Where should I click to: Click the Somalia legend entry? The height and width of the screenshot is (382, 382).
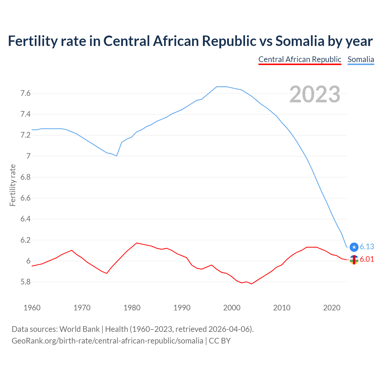[361, 59]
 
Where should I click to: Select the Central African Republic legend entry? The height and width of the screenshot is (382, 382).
[300, 59]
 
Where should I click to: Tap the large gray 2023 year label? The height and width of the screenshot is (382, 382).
[315, 94]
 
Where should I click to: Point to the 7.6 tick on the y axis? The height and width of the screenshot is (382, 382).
[25, 93]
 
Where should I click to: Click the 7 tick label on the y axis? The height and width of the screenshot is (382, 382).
[28, 156]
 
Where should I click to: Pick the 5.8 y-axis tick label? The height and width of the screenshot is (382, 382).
[25, 282]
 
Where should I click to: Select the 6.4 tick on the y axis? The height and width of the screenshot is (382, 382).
[25, 219]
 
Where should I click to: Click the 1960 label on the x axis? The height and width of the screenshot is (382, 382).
[32, 308]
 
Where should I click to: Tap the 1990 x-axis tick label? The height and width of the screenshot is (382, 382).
[182, 308]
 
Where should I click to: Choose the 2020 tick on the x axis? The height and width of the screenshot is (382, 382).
[332, 308]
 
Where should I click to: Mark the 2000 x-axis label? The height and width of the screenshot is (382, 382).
[232, 308]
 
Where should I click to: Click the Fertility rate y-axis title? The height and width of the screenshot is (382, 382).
[13, 185]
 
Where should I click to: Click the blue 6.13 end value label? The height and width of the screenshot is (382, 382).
[367, 247]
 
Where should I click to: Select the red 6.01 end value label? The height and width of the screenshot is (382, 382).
[367, 259]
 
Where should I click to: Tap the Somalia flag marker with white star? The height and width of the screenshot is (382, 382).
[354, 247]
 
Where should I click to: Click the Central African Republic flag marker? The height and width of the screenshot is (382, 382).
[354, 260]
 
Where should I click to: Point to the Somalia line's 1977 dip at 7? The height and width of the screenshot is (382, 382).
[117, 156]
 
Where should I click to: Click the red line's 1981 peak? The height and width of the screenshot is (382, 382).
[137, 243]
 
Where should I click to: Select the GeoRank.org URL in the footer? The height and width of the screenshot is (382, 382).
[107, 341]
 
